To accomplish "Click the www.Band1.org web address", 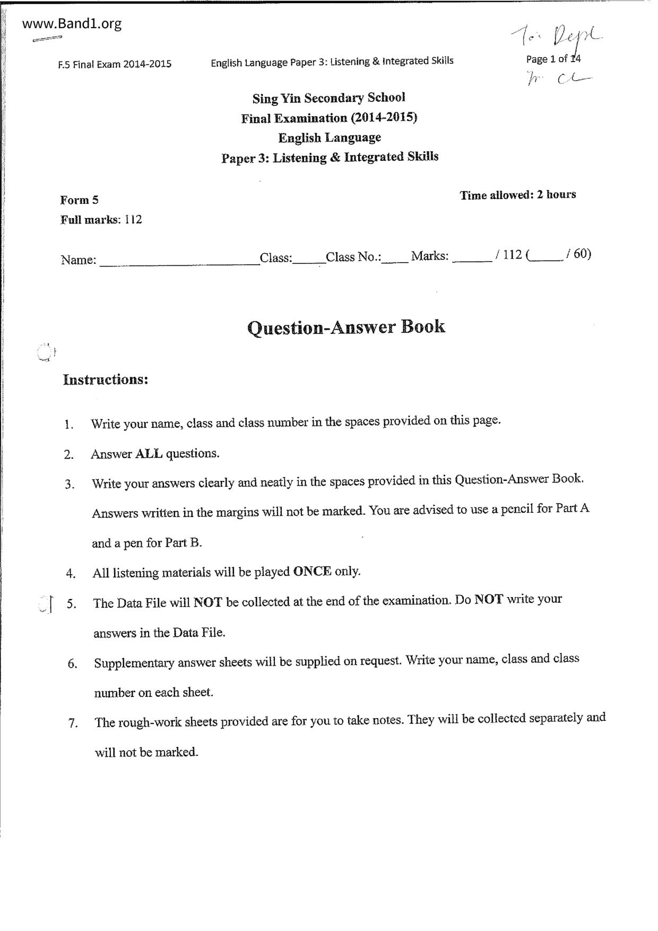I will click(x=72, y=24).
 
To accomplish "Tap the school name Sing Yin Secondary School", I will click(x=328, y=98).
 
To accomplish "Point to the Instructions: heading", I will click(x=105, y=380).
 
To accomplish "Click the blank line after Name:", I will click(x=179, y=260).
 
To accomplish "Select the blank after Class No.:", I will click(x=395, y=258).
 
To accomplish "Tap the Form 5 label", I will click(x=79, y=200).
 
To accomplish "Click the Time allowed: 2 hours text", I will click(x=517, y=195).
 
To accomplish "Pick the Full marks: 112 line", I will click(x=101, y=220).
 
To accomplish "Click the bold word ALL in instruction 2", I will click(x=149, y=454).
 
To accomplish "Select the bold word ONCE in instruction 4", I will click(x=312, y=572).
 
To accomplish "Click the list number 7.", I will click(x=73, y=723).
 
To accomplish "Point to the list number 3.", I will click(x=70, y=484).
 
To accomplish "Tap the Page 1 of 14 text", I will click(x=553, y=59).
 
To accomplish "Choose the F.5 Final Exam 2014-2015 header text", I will click(x=115, y=64).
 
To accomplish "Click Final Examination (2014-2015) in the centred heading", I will click(x=329, y=118).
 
